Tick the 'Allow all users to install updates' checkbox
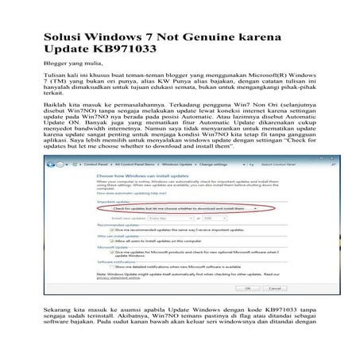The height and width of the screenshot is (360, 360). [118, 242]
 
